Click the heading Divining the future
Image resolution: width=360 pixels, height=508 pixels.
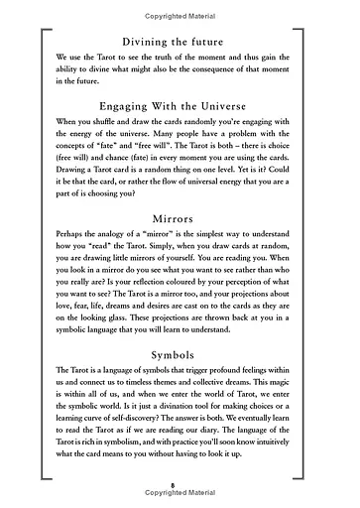[x=180, y=43]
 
